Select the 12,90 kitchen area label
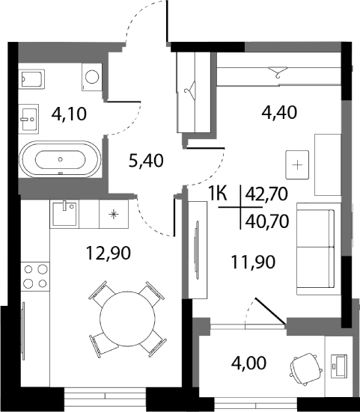[108, 253]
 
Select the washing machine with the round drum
[92, 76]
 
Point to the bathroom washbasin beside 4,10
[31, 116]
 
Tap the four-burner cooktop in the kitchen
[33, 276]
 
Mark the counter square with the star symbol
[113, 215]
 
